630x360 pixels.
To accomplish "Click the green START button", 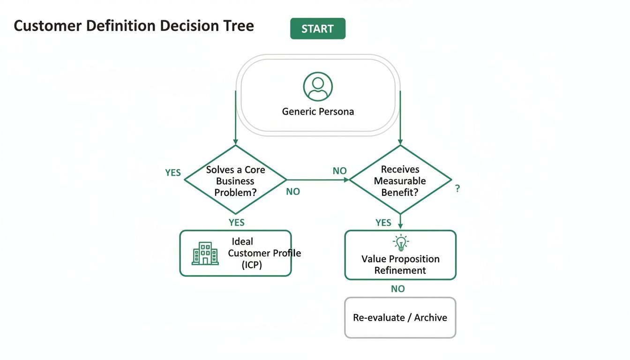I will coord(317,29).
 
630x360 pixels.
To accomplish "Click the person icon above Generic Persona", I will coord(318,86).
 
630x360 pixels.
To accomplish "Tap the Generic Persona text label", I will coord(318,112).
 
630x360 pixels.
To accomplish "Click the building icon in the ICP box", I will coord(205,254).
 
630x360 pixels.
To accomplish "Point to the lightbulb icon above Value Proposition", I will coord(400,242).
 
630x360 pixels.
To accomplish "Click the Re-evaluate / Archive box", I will coord(400,317).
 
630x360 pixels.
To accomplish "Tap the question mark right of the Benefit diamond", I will coord(457,189).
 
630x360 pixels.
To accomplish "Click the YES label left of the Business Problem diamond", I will coord(173,172).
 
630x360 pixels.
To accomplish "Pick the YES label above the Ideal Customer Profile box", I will coord(237,222).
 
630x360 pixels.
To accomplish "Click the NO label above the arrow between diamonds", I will coord(339,171).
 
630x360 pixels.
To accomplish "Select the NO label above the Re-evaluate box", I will coord(397,289).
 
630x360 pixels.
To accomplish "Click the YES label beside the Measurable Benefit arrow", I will coord(383,223).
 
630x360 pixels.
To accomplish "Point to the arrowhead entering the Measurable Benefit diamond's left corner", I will coord(347,180).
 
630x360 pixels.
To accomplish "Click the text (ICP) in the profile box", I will coord(252,264).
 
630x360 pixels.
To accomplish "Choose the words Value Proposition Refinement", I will coord(400,264).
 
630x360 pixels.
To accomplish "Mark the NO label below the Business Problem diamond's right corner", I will coord(293,192).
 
